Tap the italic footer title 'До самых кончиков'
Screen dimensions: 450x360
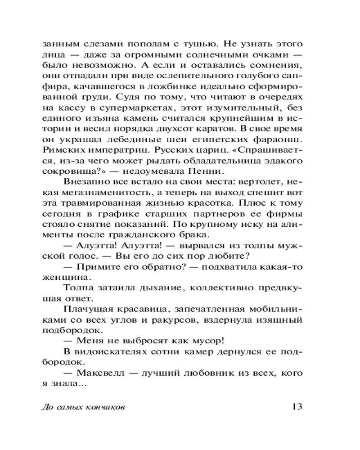[x=83, y=407]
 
